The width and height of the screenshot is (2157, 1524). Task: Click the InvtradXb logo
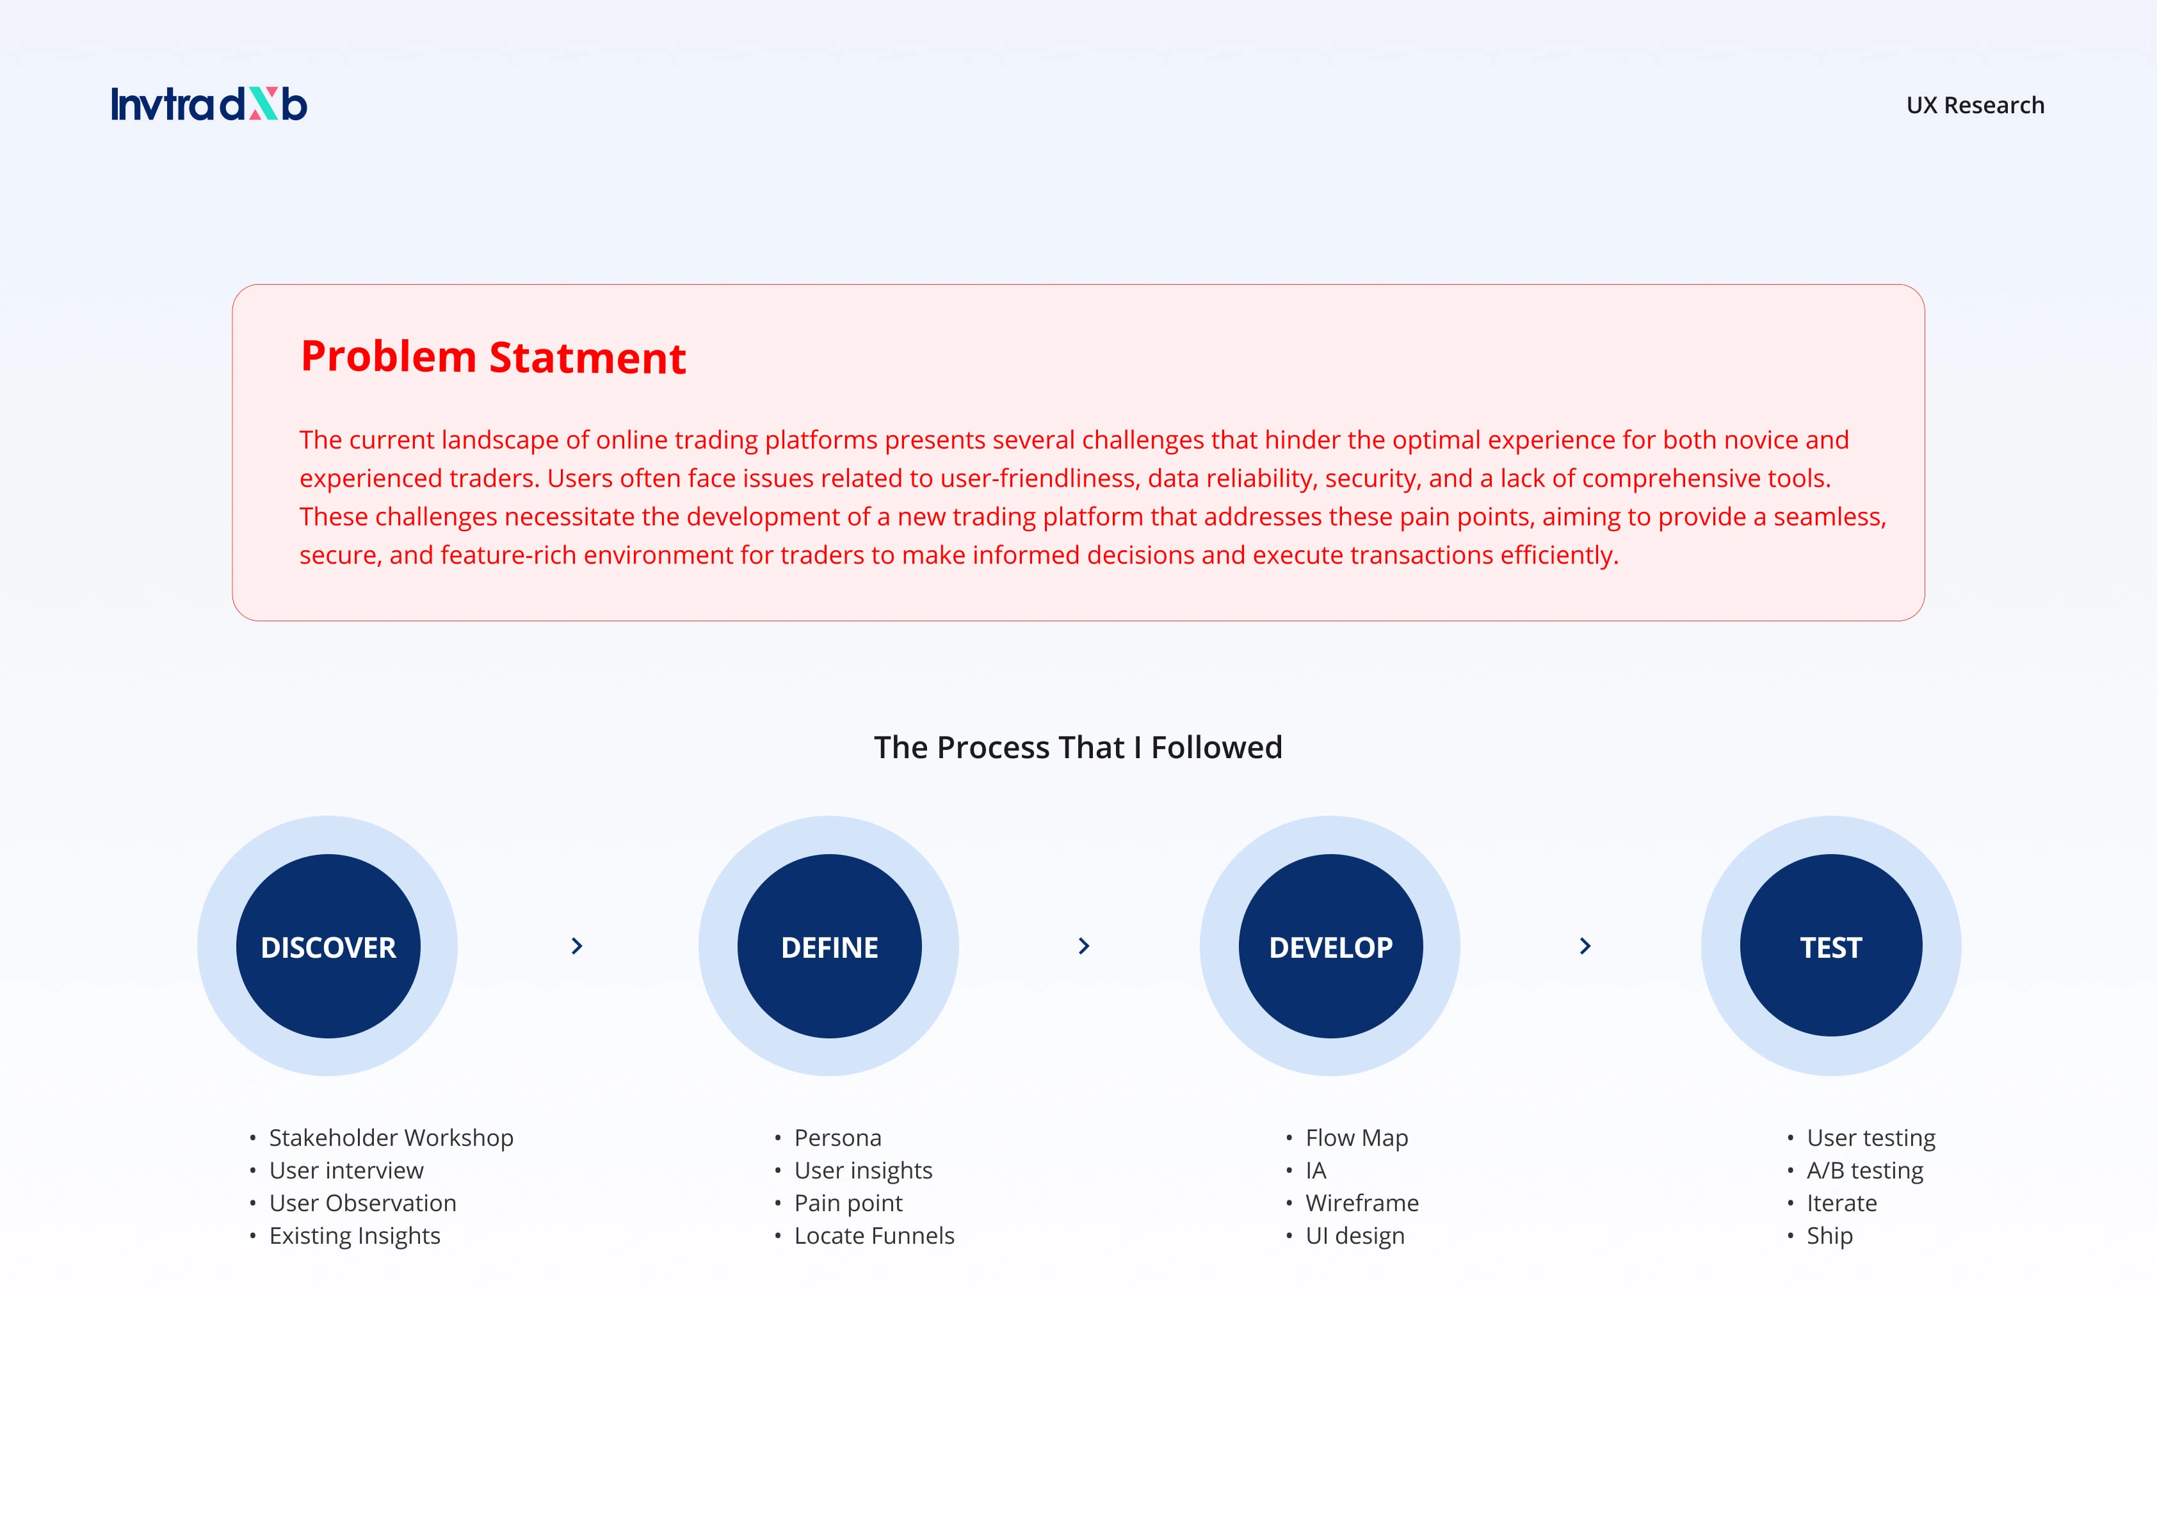[209, 104]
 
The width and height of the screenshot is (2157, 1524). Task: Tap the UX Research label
[1975, 105]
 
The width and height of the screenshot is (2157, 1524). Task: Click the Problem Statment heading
[493, 358]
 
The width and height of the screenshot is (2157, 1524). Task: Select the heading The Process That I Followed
[1078, 747]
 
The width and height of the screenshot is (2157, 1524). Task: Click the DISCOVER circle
[328, 946]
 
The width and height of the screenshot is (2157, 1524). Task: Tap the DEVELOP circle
[1330, 946]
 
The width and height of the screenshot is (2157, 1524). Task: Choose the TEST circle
[1831, 946]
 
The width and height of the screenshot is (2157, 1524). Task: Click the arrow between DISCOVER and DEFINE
[577, 946]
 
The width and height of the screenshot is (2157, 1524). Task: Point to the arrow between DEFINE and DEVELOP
[1083, 946]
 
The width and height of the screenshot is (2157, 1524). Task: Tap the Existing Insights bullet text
[354, 1235]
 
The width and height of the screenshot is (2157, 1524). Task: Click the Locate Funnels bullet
[874, 1235]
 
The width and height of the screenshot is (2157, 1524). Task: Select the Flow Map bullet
[1357, 1138]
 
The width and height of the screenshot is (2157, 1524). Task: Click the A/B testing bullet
[1865, 1170]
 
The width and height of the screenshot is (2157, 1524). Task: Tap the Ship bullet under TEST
[1830, 1235]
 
